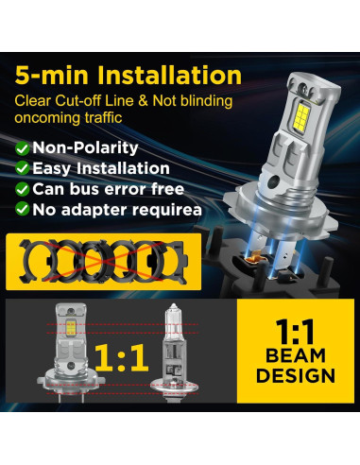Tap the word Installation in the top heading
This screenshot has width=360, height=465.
tap(176, 74)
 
